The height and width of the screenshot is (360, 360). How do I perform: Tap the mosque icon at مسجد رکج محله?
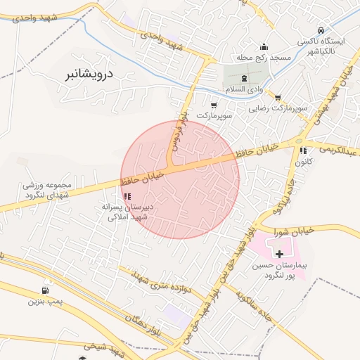coord(264,46)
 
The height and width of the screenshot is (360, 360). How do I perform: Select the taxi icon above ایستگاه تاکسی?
coord(321,31)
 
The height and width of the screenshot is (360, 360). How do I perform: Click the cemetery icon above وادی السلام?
coord(244,78)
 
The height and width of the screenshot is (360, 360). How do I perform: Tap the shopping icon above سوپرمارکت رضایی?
coord(278,98)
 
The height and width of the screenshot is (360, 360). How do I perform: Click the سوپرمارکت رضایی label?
coord(278,109)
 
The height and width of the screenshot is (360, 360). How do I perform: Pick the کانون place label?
coord(303,162)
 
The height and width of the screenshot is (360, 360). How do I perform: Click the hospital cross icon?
coord(280,253)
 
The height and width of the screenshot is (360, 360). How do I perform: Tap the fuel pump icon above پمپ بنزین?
coord(46,290)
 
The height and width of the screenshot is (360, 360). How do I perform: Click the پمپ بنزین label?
coord(41,302)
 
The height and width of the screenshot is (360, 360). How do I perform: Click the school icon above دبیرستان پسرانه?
coord(127,197)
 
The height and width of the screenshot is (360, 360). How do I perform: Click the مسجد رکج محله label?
coord(264,57)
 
